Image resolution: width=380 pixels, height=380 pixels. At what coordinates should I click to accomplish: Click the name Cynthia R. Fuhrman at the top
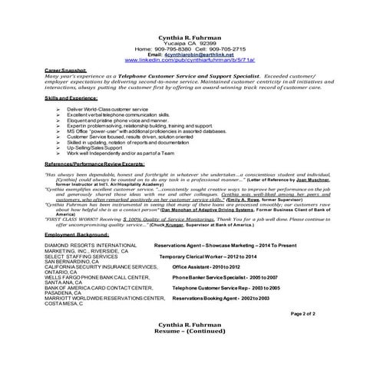point(190,38)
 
